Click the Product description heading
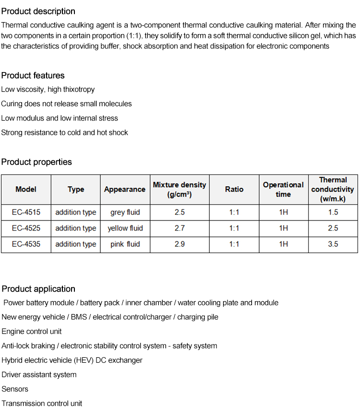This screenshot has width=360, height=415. (x=38, y=11)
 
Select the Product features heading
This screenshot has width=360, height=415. (x=33, y=75)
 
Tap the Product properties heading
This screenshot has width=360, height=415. (x=36, y=162)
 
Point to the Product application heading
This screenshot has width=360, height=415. (x=38, y=289)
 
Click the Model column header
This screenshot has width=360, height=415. (x=26, y=189)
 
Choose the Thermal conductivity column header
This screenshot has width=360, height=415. (x=333, y=189)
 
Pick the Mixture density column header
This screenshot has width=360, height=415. (x=180, y=189)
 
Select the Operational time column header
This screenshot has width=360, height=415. (x=283, y=189)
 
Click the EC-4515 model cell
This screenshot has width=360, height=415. (x=26, y=212)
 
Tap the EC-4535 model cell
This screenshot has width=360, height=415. (x=26, y=244)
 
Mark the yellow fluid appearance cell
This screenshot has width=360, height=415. (x=125, y=228)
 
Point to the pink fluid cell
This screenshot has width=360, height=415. (x=125, y=244)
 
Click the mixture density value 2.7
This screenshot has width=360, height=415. (x=180, y=228)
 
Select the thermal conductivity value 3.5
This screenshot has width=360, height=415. (x=333, y=244)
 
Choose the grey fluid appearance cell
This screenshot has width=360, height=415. (x=125, y=212)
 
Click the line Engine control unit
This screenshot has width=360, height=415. (x=32, y=331)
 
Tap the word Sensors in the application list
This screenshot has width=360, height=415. (x=15, y=389)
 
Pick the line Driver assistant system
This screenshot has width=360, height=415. (x=39, y=375)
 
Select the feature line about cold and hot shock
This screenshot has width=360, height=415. (x=64, y=132)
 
